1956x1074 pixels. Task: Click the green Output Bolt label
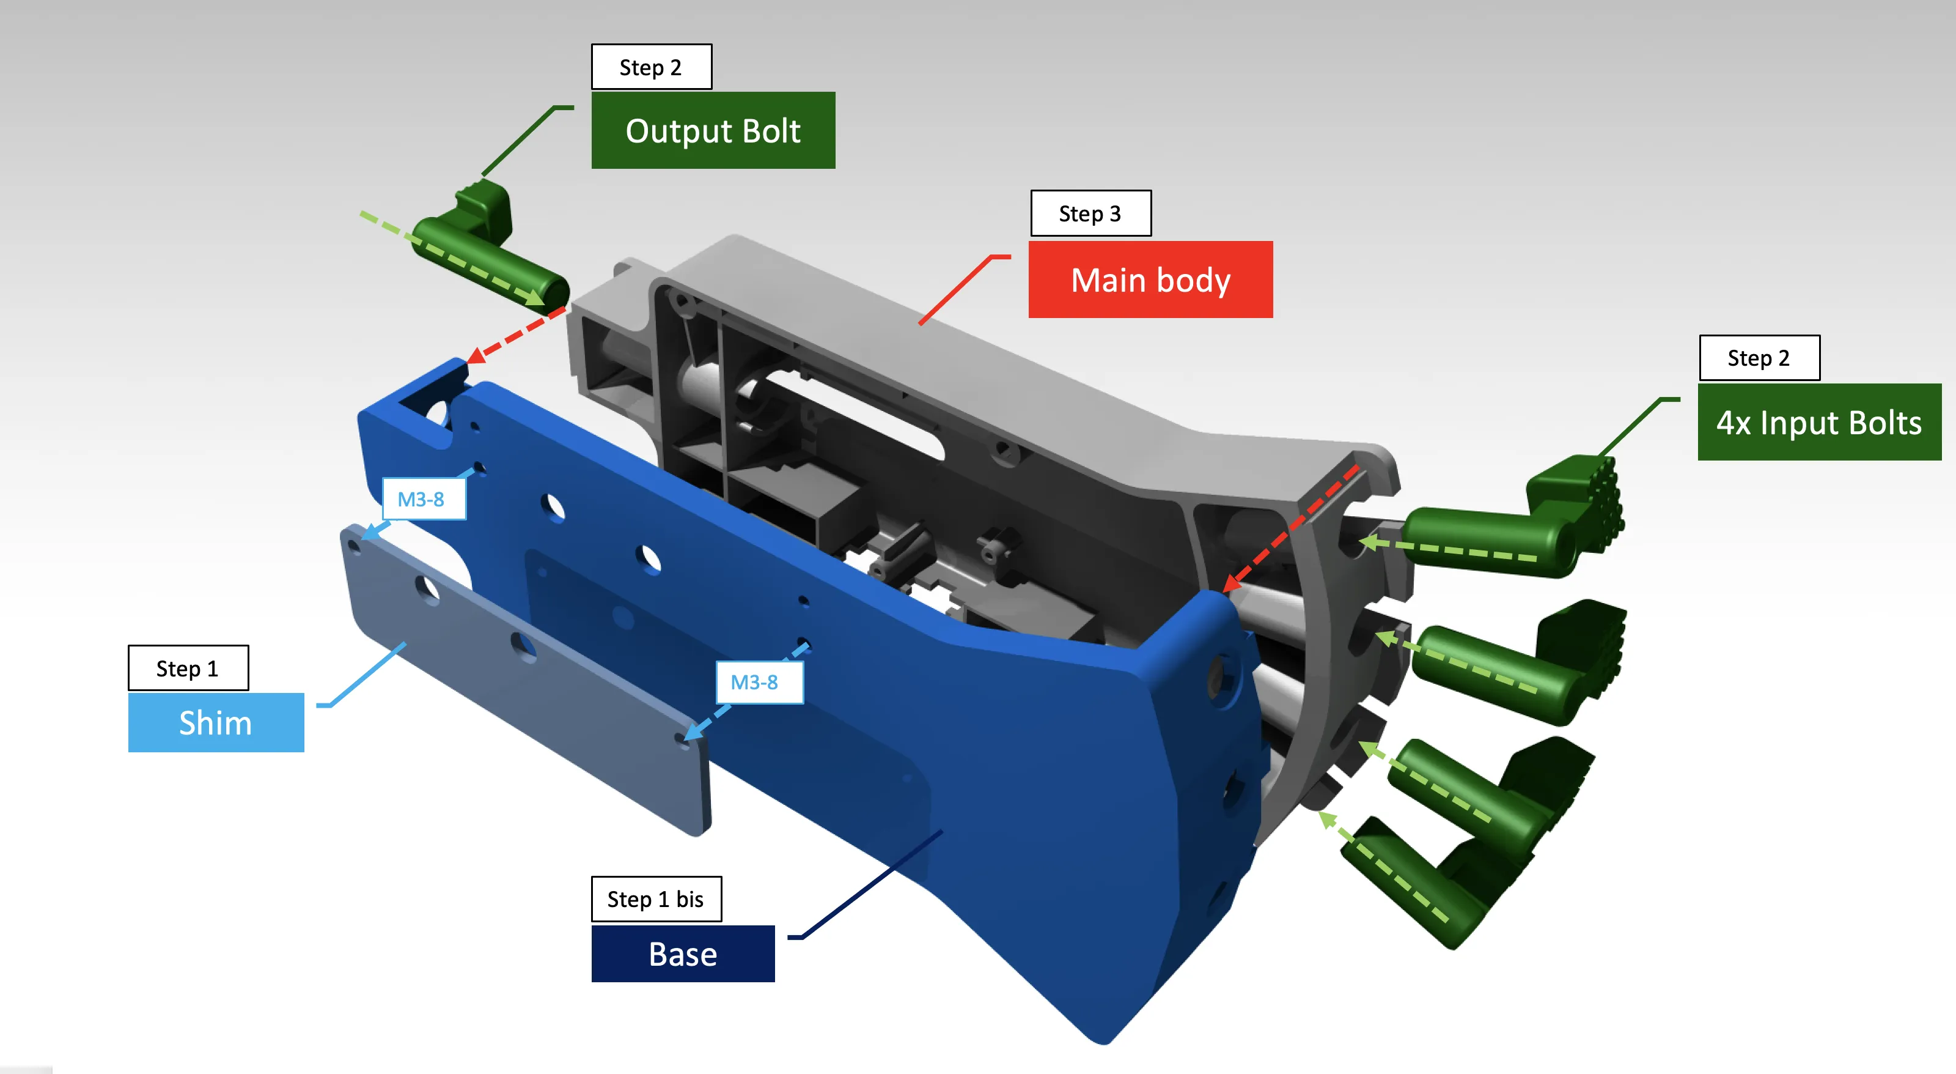pyautogui.click(x=712, y=131)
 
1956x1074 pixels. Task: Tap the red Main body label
pyautogui.click(x=1150, y=280)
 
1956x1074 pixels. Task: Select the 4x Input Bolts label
pyautogui.click(x=1818, y=422)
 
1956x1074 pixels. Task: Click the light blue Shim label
pyautogui.click(x=216, y=722)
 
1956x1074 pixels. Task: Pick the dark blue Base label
pyautogui.click(x=683, y=954)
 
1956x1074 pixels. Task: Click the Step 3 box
pyautogui.click(x=1090, y=213)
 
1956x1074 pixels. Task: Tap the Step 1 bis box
pyautogui.click(x=655, y=898)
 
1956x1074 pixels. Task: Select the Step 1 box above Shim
pyautogui.click(x=188, y=668)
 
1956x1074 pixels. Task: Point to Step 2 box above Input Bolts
pyautogui.click(x=1759, y=358)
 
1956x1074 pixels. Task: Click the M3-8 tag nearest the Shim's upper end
pyautogui.click(x=422, y=499)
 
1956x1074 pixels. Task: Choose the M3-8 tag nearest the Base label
pyautogui.click(x=755, y=681)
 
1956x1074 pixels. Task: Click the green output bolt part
pyautogui.click(x=486, y=251)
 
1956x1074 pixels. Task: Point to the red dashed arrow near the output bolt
pyautogui.click(x=517, y=334)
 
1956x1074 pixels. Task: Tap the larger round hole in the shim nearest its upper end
pyautogui.click(x=427, y=588)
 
